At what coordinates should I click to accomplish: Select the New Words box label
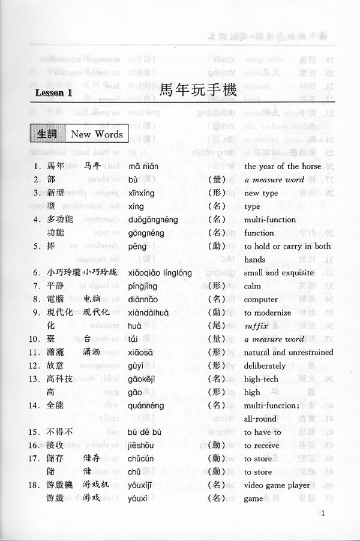(97, 134)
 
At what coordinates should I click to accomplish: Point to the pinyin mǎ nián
(143, 166)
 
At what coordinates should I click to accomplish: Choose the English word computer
(261, 299)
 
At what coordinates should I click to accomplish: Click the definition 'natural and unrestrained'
(289, 353)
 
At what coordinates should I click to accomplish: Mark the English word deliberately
(265, 366)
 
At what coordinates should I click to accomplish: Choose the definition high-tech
(262, 379)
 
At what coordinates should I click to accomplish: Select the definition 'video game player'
(277, 485)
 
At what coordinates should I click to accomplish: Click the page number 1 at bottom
(323, 513)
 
